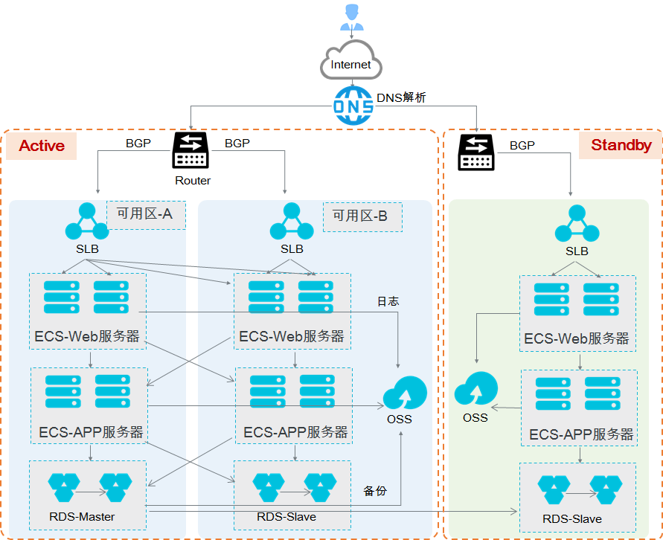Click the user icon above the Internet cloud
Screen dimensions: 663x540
point(352,17)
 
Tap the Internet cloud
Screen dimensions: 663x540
point(351,60)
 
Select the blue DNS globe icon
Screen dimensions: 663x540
point(353,106)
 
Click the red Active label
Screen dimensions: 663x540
point(42,146)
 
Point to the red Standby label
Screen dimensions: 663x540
point(621,145)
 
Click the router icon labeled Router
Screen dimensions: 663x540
point(190,150)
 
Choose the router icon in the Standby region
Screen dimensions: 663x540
point(476,152)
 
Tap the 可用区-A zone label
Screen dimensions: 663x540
point(145,213)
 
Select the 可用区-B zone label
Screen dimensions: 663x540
point(360,216)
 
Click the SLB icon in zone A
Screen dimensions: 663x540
point(87,221)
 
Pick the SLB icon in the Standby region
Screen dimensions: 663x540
point(577,223)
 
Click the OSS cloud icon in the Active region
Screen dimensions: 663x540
point(405,393)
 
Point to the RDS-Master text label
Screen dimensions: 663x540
point(82,517)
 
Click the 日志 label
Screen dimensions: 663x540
point(388,301)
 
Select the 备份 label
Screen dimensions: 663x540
point(375,491)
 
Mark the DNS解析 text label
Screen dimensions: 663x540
point(401,97)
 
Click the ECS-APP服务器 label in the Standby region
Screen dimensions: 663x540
point(581,434)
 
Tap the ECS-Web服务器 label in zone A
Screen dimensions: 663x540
point(87,336)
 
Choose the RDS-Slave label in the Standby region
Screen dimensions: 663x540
point(572,519)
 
